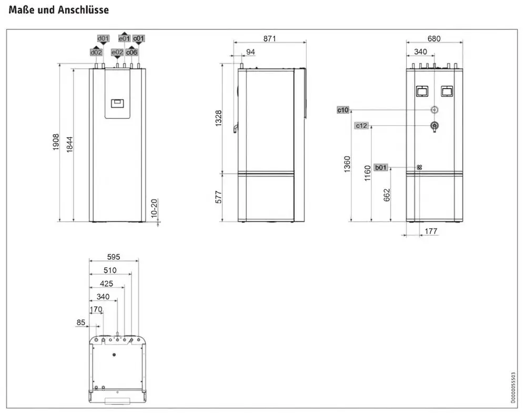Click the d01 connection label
pos(103,38)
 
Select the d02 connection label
pos(96,53)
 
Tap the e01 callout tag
pos(124,38)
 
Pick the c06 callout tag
pos(131,53)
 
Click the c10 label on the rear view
pos(343,110)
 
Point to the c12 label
pos(361,126)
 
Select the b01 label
pos(381,167)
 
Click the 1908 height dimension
pos(56,142)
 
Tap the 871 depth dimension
pos(269,38)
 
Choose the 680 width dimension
pos(434,38)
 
